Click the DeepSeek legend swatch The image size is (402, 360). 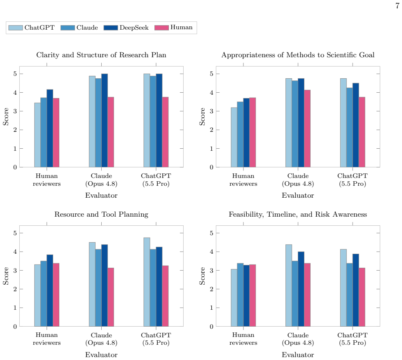pos(111,28)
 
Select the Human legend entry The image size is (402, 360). pos(173,28)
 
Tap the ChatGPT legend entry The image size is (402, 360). pos(32,28)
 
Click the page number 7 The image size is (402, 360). pos(397,6)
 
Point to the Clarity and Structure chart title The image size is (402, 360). pos(101,55)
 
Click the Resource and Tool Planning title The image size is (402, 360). pos(101,214)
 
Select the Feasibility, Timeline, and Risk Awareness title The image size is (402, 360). pos(298,214)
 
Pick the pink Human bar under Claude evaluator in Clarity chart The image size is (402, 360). pos(111,132)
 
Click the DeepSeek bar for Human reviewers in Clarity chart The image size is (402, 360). pos(50,128)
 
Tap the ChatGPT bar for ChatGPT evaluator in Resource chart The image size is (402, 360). pos(147,282)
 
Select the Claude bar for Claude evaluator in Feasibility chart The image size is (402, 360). pos(295,294)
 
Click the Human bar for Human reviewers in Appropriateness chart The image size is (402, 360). pos(252,132)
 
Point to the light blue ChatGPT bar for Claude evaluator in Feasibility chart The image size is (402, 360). pos(289,285)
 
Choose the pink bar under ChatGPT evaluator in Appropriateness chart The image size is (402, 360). pos(362,132)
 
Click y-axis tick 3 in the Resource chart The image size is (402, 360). pos(15,271)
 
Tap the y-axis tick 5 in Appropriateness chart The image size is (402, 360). pos(212,74)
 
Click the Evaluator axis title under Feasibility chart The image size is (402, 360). pos(298,355)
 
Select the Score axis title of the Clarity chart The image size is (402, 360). pos(6,117)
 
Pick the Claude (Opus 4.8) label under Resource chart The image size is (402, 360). pos(101,339)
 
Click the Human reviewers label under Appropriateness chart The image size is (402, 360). pos(243,180)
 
